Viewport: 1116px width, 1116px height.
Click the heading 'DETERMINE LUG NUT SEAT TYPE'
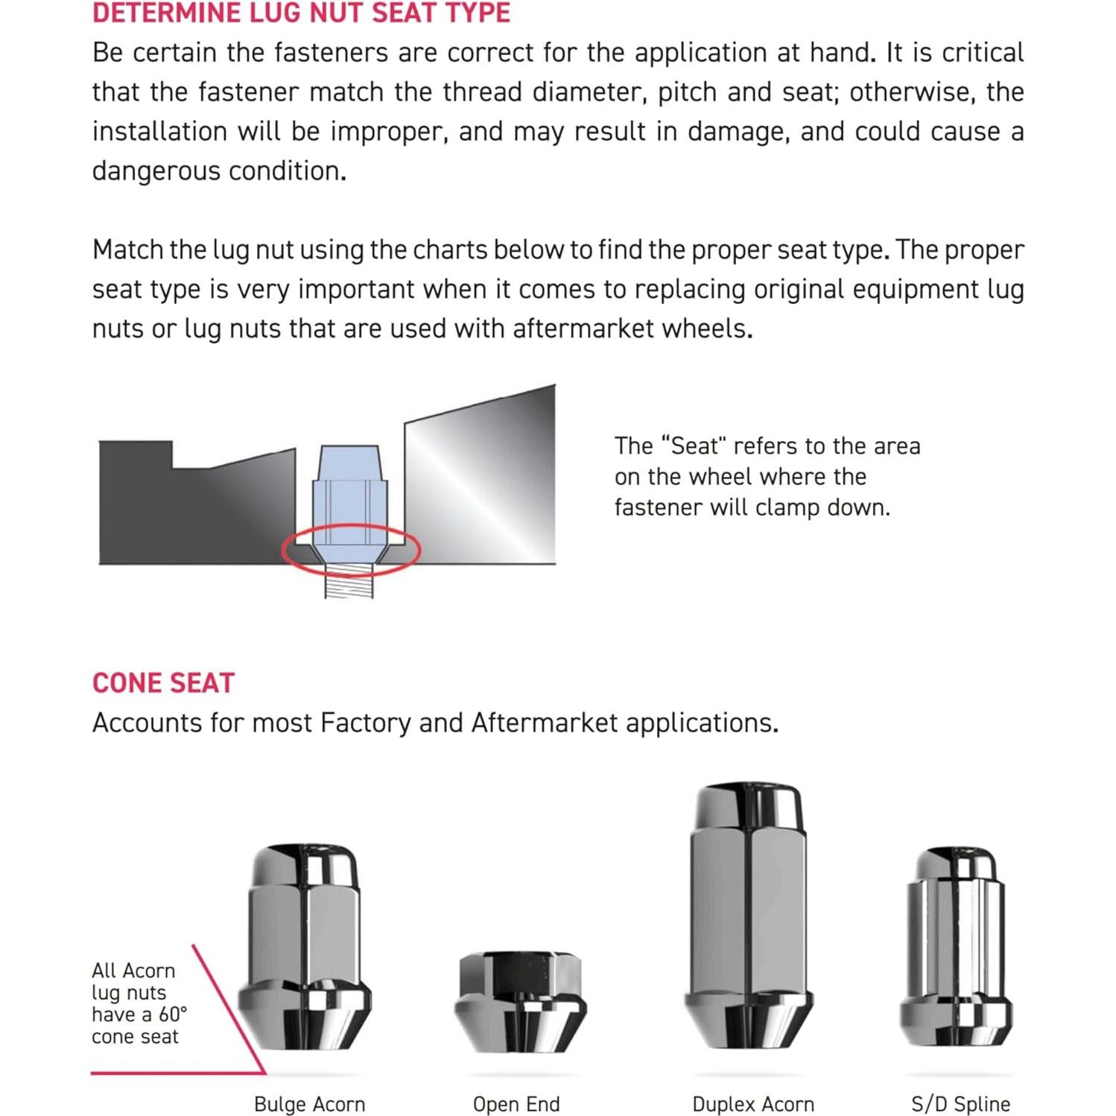[x=301, y=13]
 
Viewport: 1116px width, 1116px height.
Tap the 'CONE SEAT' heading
[x=163, y=683]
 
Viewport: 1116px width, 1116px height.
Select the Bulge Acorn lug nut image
[x=304, y=957]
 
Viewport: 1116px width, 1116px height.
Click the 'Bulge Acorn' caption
[x=309, y=1103]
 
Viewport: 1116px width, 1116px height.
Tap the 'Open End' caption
[x=516, y=1103]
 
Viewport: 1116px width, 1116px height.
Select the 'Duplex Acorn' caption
[x=752, y=1103]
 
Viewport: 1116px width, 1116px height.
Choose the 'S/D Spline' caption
[x=960, y=1103]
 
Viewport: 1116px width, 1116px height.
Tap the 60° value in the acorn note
[x=173, y=1014]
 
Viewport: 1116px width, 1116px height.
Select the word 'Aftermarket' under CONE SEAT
[x=545, y=723]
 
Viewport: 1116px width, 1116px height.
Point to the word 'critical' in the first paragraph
[x=983, y=53]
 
